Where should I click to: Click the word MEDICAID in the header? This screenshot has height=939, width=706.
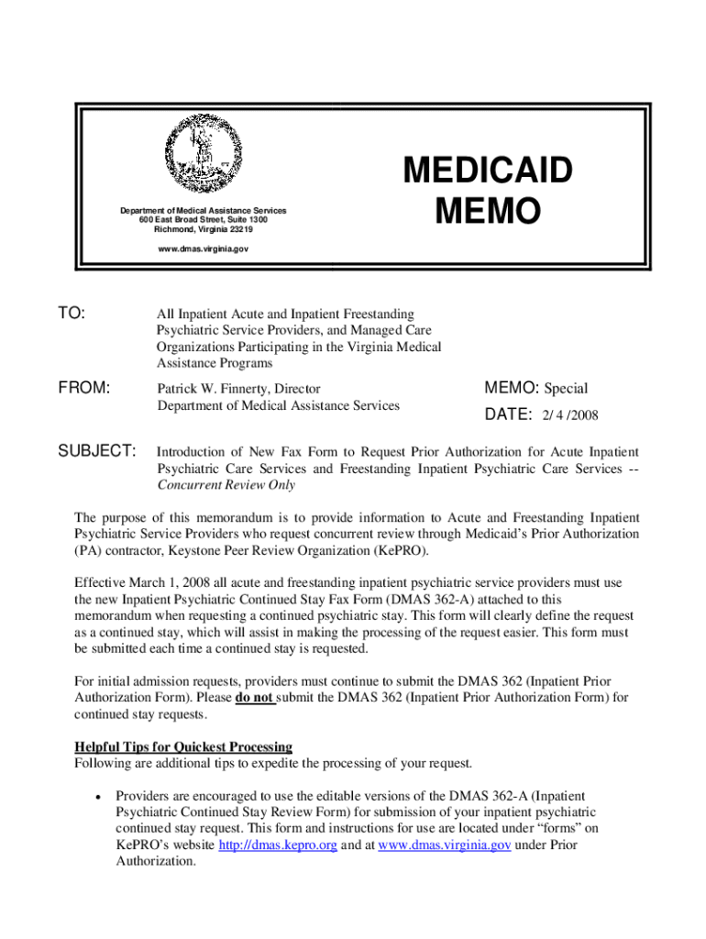tap(487, 171)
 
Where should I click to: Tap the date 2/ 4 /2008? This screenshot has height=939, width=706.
tap(570, 415)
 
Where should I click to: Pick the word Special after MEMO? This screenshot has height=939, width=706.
tap(566, 389)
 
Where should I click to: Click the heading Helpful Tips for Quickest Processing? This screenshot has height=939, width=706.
tap(183, 746)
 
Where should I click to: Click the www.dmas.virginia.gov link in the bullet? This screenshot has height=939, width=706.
tap(444, 845)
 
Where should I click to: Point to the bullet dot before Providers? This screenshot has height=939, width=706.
tap(97, 796)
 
